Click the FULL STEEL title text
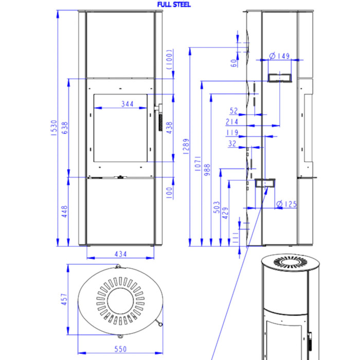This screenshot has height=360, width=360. click(174, 5)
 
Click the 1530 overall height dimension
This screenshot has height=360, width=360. click(53, 128)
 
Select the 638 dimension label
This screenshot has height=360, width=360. click(65, 128)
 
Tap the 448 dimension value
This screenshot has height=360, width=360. click(65, 211)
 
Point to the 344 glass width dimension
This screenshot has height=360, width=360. click(128, 104)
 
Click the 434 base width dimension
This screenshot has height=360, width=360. click(121, 254)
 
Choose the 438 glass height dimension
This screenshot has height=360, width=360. click(169, 128)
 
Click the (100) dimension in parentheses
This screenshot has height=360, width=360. click(169, 60)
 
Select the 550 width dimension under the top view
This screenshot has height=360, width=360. click(120, 349)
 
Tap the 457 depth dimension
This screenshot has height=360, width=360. click(64, 299)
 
